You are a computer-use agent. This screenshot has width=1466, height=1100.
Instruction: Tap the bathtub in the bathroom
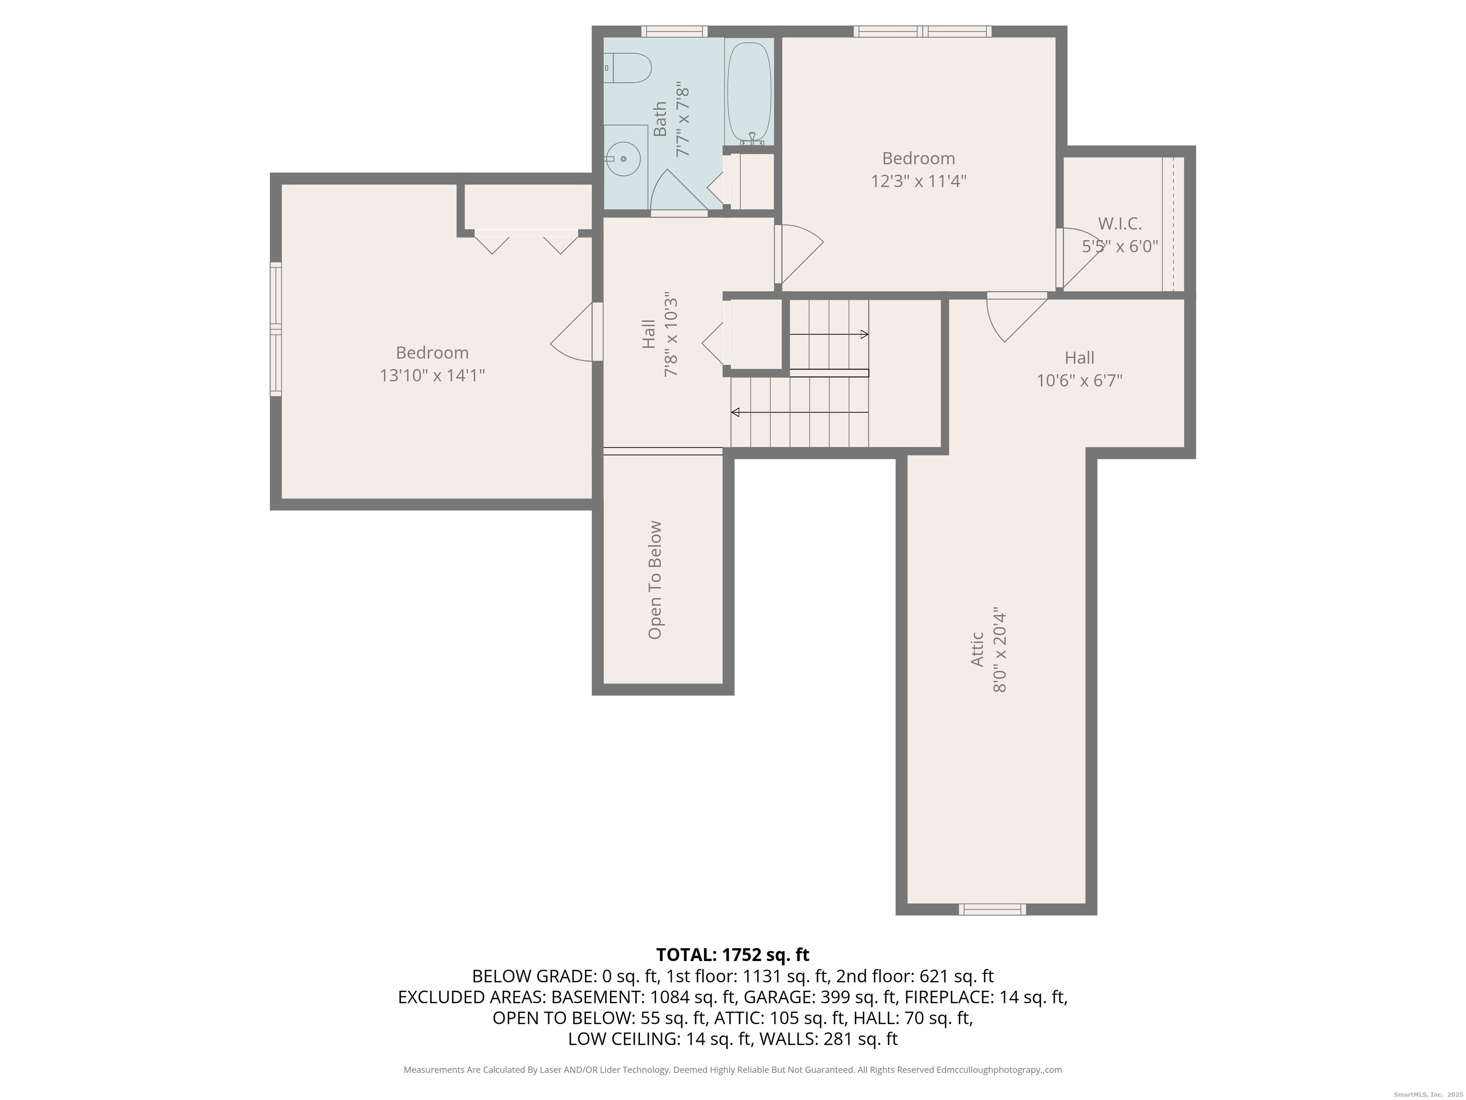tap(749, 92)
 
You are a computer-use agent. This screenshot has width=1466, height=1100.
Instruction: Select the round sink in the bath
tap(623, 159)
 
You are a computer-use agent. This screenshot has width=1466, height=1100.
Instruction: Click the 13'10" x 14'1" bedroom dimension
tap(432, 376)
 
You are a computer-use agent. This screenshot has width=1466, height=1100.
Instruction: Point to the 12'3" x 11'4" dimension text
tap(919, 181)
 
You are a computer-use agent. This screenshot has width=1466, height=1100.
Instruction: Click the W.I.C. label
tap(1120, 223)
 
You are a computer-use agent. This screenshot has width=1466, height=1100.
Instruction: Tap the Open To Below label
tap(655, 580)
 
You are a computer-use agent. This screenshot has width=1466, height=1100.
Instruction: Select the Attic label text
tap(977, 649)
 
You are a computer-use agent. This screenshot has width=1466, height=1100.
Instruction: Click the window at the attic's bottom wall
tap(992, 909)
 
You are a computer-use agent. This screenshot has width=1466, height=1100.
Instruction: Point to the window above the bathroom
tap(674, 31)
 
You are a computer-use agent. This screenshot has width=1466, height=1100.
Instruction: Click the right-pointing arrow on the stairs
tap(829, 334)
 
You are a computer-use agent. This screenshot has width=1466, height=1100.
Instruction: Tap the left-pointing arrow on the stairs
tap(799, 412)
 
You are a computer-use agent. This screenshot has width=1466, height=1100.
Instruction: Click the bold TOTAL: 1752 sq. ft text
tap(733, 955)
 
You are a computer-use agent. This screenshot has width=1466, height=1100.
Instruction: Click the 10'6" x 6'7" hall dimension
tap(1079, 381)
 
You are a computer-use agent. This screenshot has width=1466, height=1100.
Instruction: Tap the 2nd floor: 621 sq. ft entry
tap(915, 976)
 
